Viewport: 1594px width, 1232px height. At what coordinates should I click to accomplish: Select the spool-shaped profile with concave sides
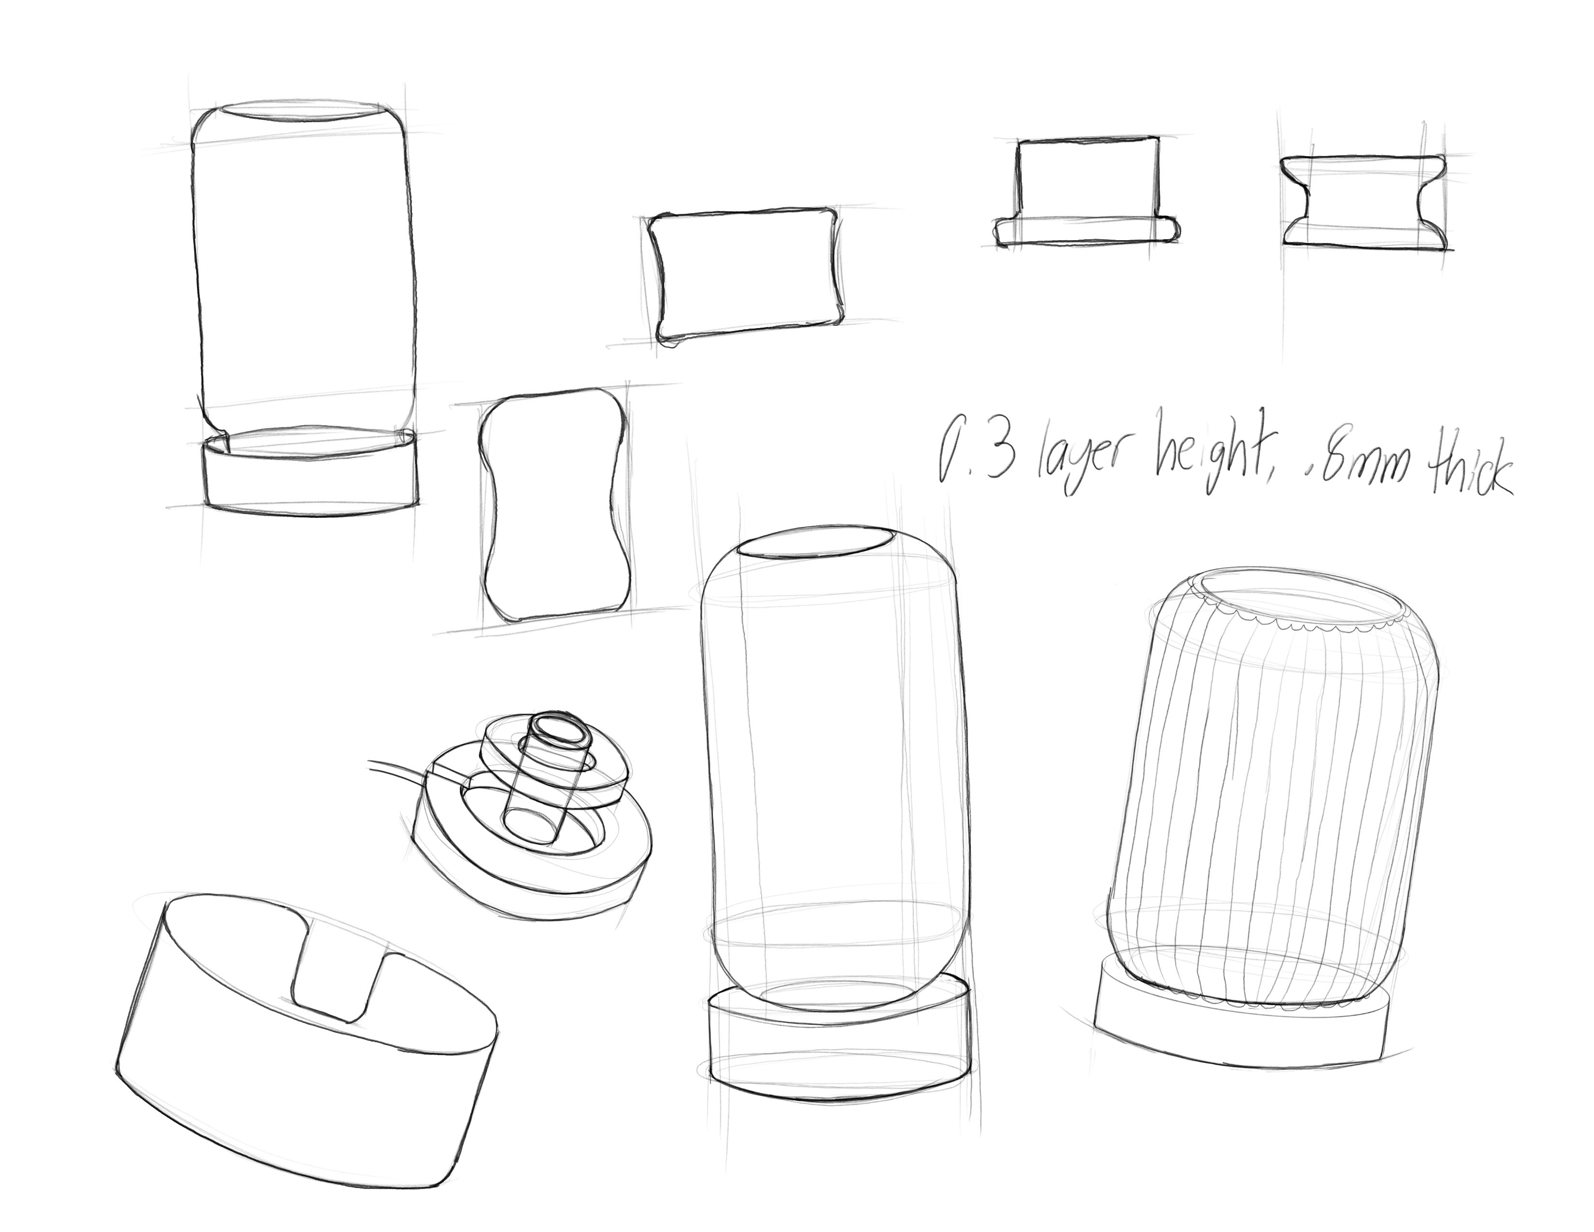tap(1363, 202)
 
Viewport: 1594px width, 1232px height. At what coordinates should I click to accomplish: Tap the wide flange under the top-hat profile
tap(1085, 230)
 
